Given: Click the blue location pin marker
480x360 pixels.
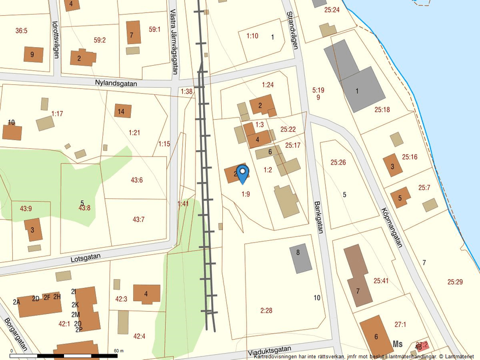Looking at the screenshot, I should coord(243,173).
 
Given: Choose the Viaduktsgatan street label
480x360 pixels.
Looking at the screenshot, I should coord(268,350).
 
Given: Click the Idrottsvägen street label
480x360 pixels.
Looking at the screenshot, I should coord(55,39).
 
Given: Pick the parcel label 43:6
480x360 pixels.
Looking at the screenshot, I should coord(137,180).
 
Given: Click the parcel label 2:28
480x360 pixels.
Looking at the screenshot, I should coord(266,311).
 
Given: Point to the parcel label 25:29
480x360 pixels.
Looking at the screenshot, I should coord(455,282).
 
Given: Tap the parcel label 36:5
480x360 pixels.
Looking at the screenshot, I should coord(22,30).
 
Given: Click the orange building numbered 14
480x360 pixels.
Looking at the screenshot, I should coord(122,111).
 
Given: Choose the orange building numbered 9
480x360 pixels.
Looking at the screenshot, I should coord(32,55).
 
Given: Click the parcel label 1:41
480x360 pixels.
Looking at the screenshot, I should coord(183,204).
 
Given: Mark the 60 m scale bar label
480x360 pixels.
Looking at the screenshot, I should coord(119,351).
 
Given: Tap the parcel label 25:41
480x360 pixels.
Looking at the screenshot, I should coord(381,281).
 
